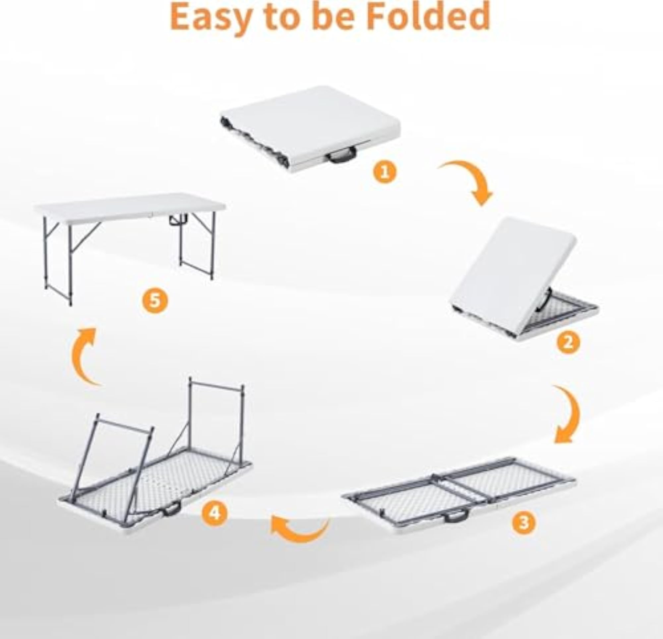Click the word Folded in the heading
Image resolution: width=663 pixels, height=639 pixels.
click(428, 16)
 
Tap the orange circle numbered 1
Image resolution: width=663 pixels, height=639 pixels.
click(385, 172)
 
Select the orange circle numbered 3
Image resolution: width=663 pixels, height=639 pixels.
click(524, 522)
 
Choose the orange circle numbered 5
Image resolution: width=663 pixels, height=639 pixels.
click(155, 300)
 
